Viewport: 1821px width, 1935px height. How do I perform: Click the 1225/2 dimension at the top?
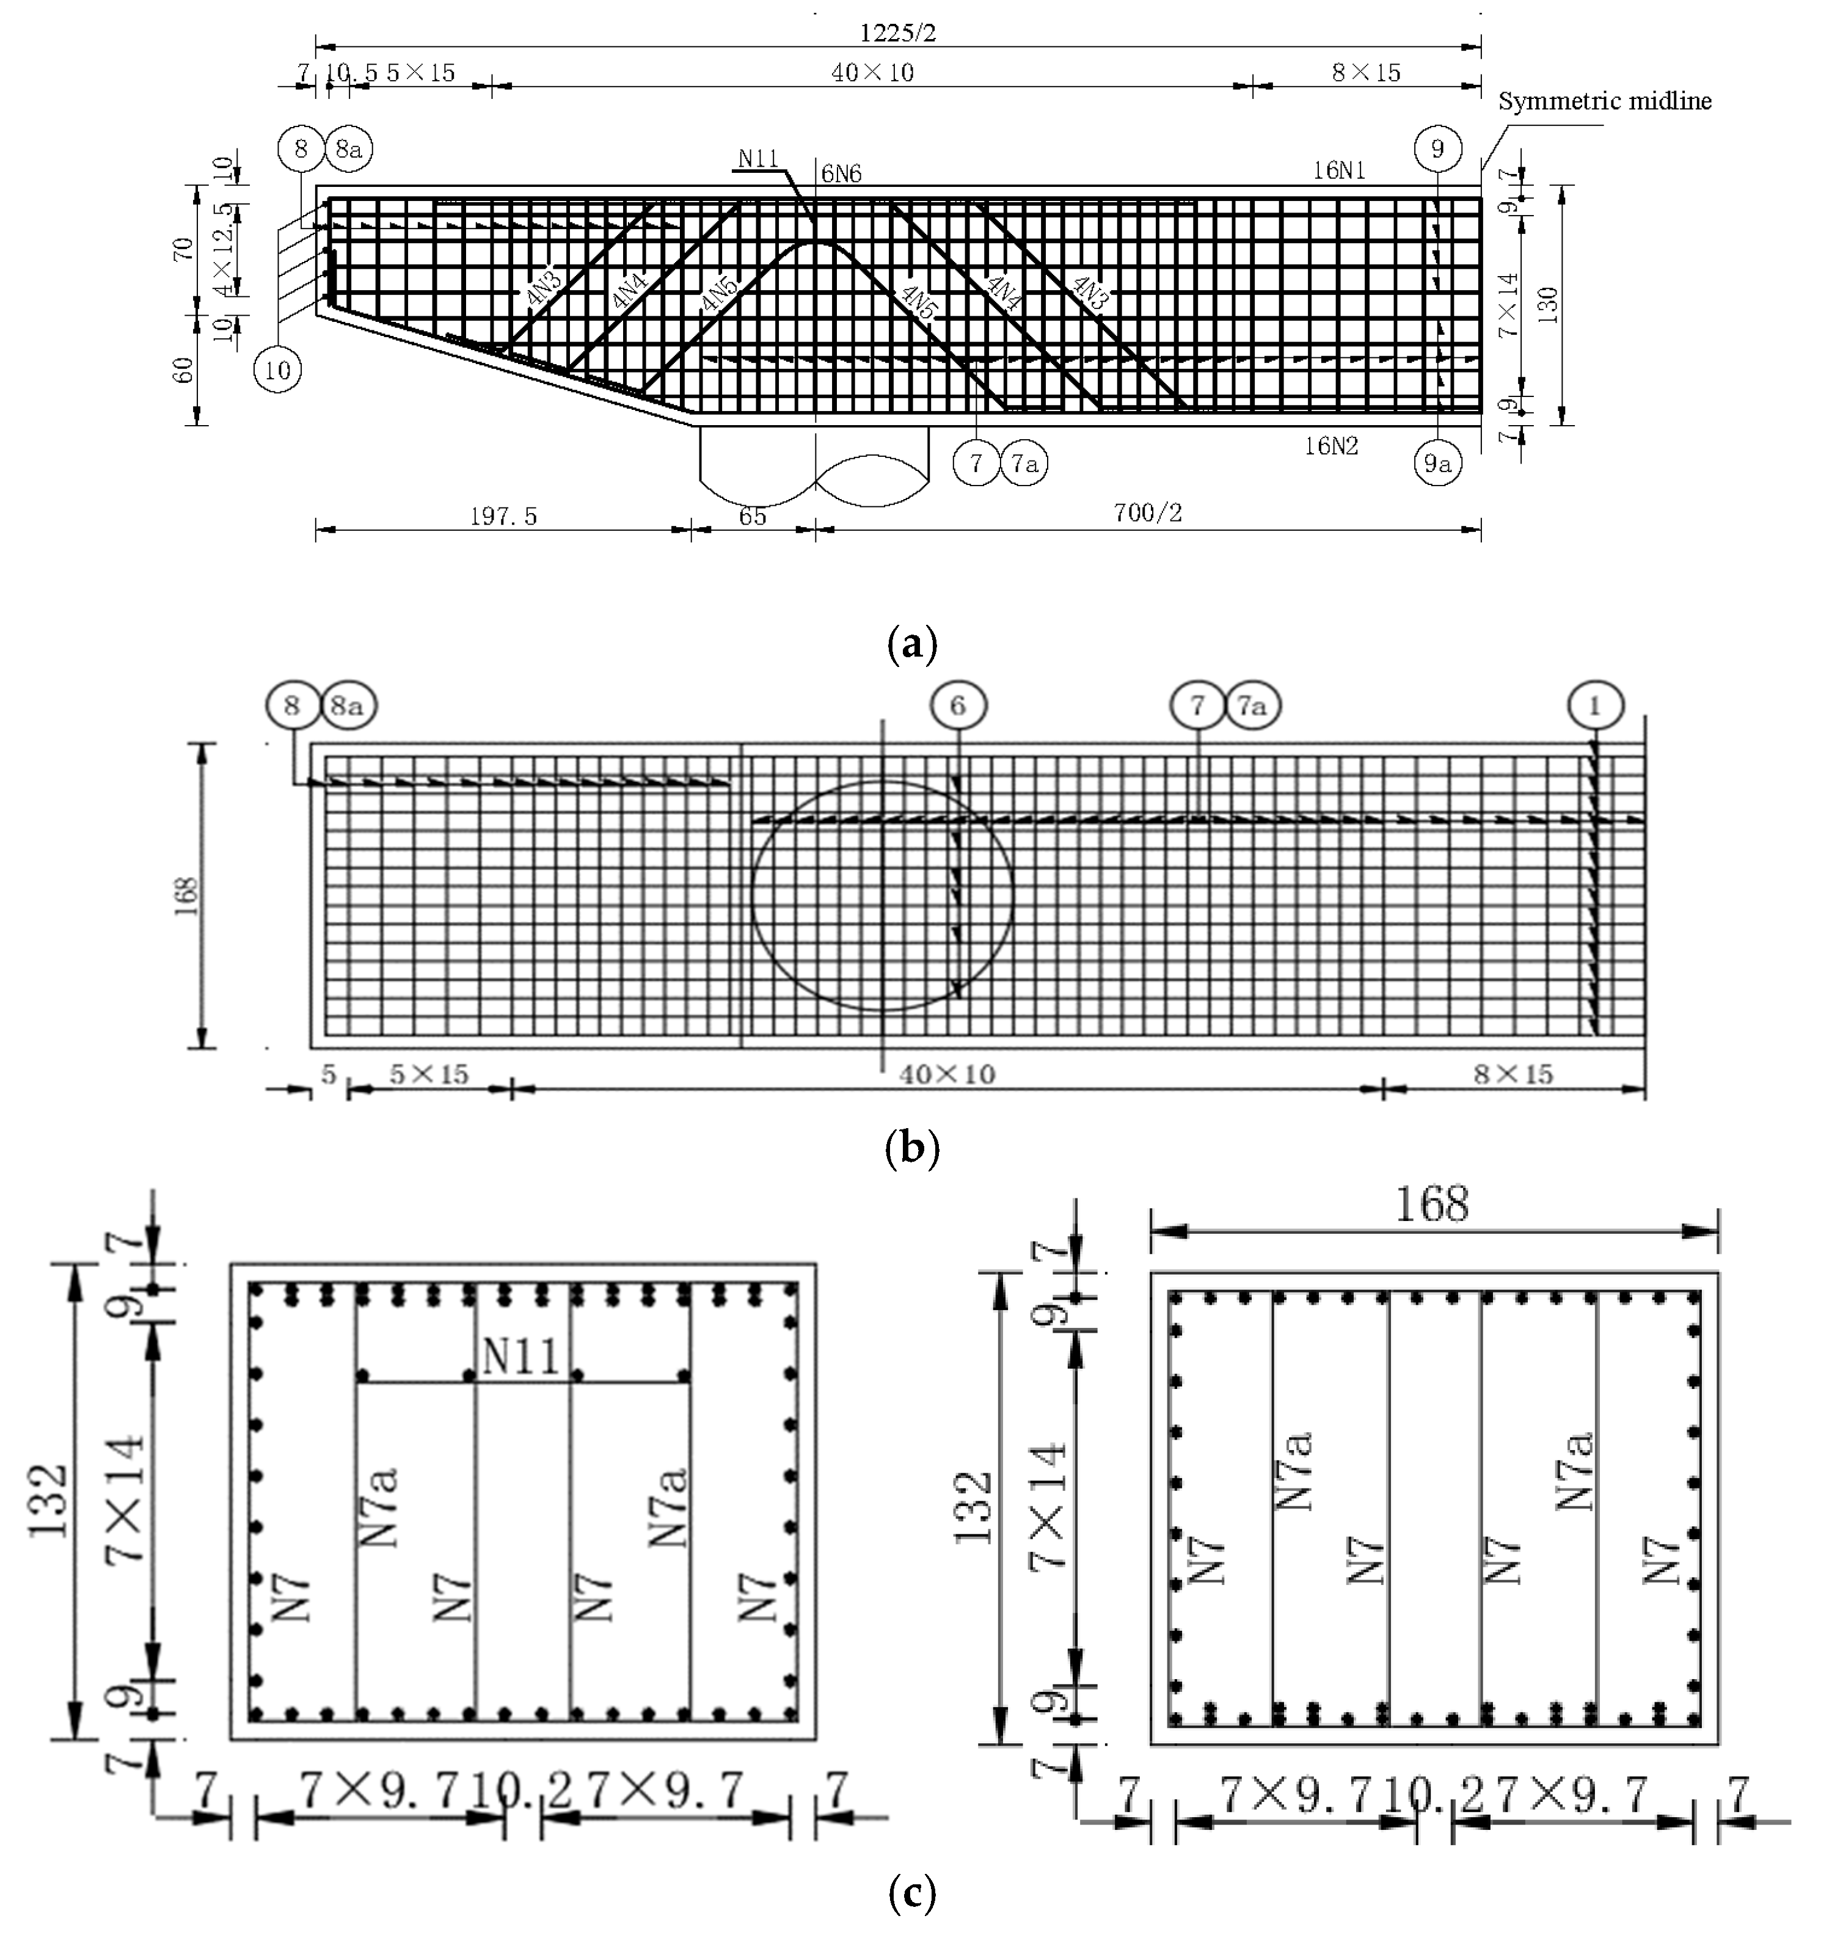897,32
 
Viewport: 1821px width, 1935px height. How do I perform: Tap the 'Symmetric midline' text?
1604,101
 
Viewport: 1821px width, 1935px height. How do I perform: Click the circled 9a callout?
1437,464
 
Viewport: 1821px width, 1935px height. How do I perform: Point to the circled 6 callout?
958,705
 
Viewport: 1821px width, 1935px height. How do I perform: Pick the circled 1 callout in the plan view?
1595,705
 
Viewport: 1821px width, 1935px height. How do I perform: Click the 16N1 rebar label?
1339,171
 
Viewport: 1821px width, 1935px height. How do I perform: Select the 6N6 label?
842,174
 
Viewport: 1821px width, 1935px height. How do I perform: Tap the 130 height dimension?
1547,305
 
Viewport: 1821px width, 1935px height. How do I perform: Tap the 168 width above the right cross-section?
1432,1206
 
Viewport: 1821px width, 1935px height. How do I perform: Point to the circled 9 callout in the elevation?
1437,149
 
